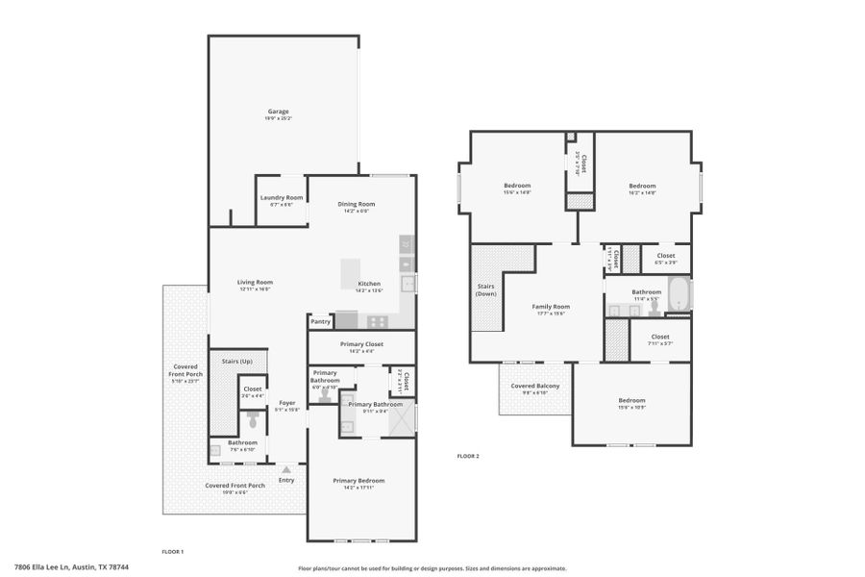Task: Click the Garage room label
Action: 278,112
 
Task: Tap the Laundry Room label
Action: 281,197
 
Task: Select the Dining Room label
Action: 356,204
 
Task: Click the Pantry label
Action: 320,321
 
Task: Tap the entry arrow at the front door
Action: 286,469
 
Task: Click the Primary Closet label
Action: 361,343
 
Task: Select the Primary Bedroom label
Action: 358,480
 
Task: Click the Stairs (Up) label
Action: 237,361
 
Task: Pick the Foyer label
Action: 286,402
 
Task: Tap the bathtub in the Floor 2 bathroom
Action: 679,293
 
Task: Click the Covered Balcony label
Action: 535,386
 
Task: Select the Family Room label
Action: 551,306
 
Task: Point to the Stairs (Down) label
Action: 486,289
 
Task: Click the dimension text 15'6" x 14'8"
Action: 517,192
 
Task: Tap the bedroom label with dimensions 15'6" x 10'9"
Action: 631,400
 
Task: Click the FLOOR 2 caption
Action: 467,456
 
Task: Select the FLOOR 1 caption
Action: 172,551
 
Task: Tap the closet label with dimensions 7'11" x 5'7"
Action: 659,337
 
